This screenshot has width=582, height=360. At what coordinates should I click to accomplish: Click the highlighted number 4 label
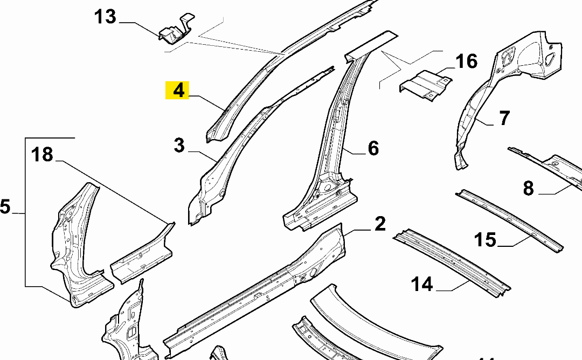coord(178,90)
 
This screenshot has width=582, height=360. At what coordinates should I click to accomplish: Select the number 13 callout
coord(105,17)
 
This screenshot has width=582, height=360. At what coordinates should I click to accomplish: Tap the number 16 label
coord(467,61)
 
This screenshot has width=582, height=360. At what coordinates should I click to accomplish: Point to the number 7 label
coord(504,117)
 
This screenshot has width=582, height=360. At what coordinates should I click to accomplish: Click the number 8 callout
coord(528,188)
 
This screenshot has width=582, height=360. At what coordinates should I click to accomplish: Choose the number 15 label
coord(486,239)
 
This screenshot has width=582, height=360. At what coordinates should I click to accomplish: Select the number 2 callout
coord(380,224)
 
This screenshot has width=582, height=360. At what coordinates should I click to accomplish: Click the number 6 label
coord(373,148)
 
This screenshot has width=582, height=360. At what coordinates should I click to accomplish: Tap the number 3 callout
coord(179,146)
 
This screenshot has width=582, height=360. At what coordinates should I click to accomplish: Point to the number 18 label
coord(42,155)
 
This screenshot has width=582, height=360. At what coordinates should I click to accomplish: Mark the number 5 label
coord(5,206)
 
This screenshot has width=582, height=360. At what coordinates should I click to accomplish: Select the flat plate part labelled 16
coord(426,85)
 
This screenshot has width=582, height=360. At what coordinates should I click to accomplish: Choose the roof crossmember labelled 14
coord(453,262)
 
